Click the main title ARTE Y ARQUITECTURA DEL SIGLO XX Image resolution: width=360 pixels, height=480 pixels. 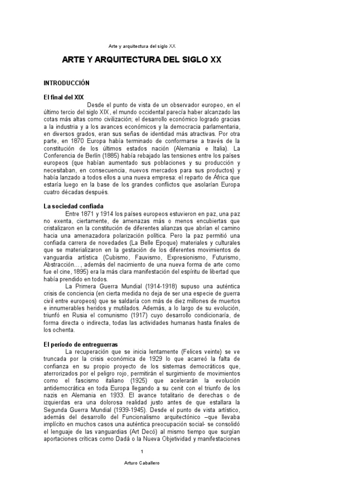pyautogui.click(x=142, y=60)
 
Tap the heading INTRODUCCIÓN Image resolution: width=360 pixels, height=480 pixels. pyautogui.click(x=66, y=83)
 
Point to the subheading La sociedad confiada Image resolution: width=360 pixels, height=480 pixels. pyautogui.click(x=74, y=206)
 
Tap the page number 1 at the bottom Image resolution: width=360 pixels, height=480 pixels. pyautogui.click(x=142, y=451)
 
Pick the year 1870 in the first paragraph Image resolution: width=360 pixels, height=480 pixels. pyautogui.click(x=74, y=141)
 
